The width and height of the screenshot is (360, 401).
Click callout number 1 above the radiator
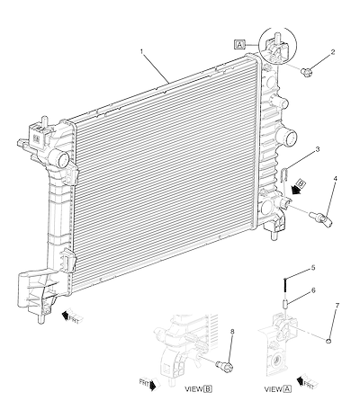[x=142, y=51]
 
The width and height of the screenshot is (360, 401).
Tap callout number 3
[x=318, y=149]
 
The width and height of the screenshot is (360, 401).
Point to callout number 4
[x=335, y=179]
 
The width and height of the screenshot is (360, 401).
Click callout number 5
[x=313, y=268]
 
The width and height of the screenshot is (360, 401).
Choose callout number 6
[x=313, y=290]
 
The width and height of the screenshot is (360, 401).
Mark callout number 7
[x=337, y=306]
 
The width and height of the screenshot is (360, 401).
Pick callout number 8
[x=232, y=332]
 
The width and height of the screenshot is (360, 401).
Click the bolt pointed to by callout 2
[x=306, y=72]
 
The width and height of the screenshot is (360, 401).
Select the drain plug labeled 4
[x=320, y=218]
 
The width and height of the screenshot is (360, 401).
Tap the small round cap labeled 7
[x=328, y=341]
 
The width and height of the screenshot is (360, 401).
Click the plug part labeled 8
[x=225, y=366]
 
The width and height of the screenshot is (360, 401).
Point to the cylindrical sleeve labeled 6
[x=285, y=304]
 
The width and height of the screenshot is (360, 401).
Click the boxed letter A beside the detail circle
[x=239, y=45]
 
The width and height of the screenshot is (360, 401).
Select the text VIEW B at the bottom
[x=198, y=389]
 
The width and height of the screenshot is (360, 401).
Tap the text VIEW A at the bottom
[x=277, y=389]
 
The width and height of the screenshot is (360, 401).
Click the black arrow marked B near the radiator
[x=299, y=186]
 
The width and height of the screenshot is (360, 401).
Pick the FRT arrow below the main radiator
[x=72, y=316]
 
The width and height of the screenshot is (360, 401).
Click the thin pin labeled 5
[x=285, y=287]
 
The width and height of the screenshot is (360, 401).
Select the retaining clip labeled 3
[x=284, y=175]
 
